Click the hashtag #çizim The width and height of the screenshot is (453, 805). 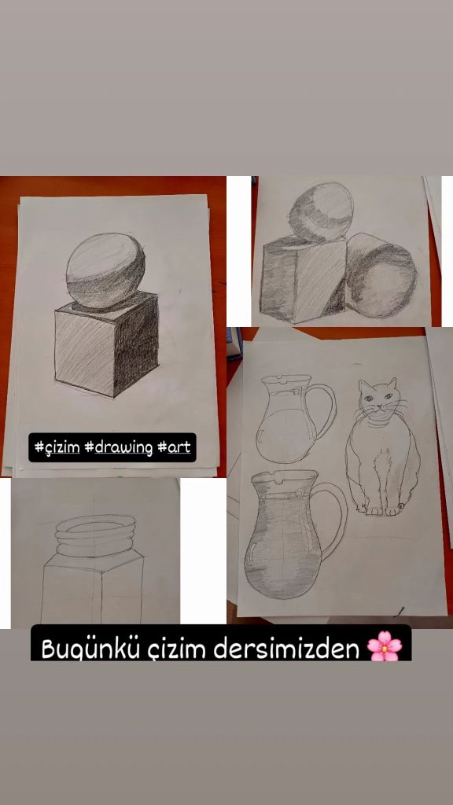click(57, 447)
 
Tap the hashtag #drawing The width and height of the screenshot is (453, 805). click(119, 447)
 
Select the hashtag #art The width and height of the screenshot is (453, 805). click(174, 447)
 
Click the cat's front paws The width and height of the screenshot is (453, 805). click(385, 510)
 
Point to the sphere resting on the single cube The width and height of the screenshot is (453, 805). click(106, 270)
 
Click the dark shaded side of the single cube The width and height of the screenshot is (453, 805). click(135, 345)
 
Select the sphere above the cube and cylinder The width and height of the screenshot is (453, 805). click(321, 212)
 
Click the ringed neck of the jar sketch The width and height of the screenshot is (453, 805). click(95, 535)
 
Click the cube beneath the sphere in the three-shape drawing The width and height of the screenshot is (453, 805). click(302, 280)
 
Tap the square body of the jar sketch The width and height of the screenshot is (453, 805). click(93, 590)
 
